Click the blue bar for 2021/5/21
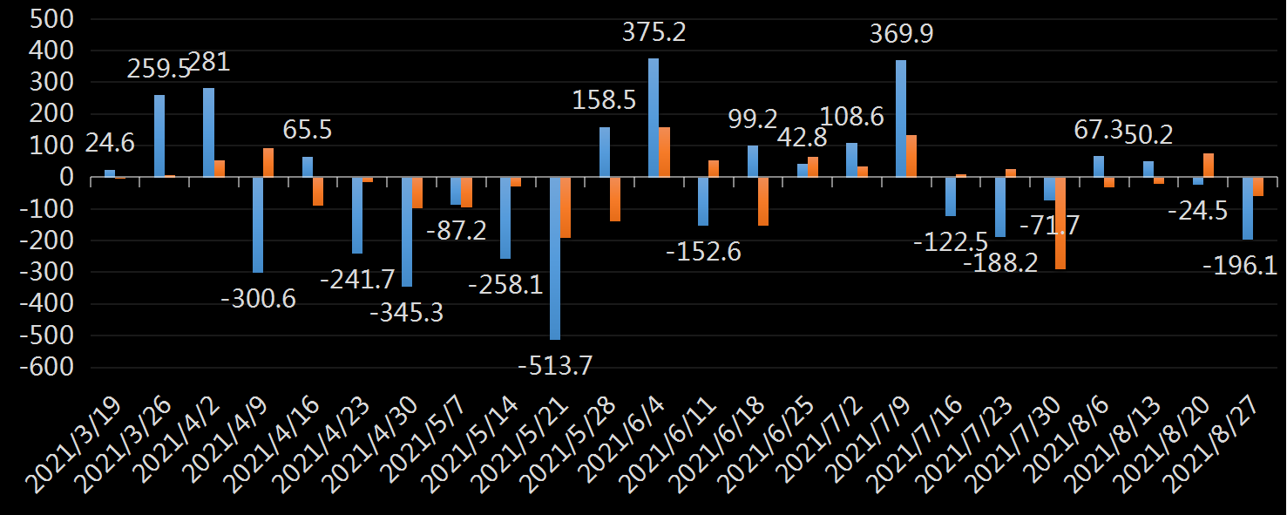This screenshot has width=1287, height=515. pos(555,258)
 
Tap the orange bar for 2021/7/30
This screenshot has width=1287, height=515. pos(1060,223)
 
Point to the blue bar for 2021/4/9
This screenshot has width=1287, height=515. pos(258,225)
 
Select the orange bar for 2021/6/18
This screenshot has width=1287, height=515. pos(763,201)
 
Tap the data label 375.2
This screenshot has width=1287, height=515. pos(654,33)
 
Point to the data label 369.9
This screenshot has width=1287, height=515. pos(901,35)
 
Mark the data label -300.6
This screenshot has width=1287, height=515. pos(260,299)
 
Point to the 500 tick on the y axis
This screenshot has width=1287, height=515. pos(52,19)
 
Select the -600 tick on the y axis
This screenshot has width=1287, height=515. pos(46,367)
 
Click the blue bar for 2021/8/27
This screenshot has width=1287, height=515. pos(1248,208)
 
